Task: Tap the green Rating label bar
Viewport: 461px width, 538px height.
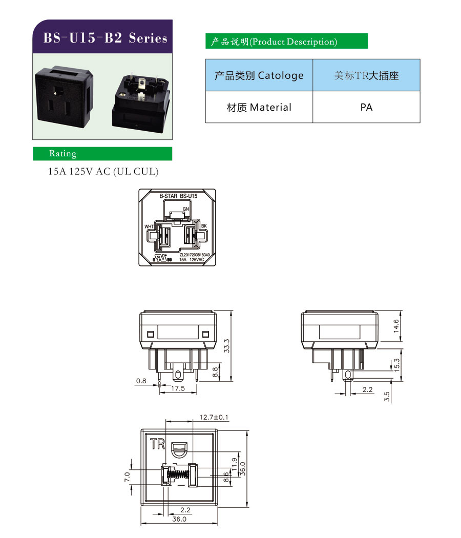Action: pos(102,154)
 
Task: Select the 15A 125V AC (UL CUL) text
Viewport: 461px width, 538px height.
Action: pos(103,172)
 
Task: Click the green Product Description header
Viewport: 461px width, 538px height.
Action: pos(286,42)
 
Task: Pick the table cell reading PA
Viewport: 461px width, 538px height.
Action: pos(366,107)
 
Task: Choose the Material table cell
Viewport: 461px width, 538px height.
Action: pos(259,107)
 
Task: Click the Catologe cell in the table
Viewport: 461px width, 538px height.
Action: pos(259,75)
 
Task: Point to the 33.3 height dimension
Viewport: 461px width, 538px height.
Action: pos(227,346)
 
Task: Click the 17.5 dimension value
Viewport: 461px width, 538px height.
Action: pos(178,389)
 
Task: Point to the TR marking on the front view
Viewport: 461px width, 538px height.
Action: pos(157,444)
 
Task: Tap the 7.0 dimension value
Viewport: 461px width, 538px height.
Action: pos(128,477)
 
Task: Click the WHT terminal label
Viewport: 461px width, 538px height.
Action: pos(149,226)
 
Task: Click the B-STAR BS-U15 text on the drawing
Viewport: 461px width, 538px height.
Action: pos(178,196)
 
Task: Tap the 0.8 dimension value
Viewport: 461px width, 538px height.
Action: pos(141,381)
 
